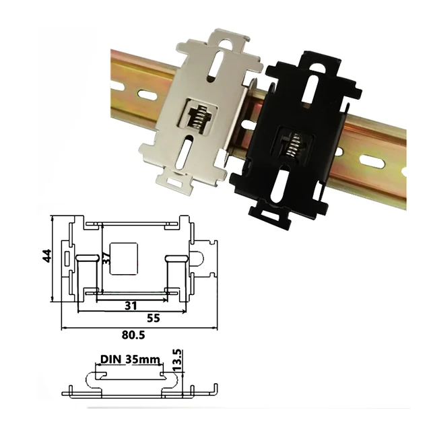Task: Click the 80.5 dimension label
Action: (134, 335)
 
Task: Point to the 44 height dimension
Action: (46, 257)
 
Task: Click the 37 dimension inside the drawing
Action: (104, 257)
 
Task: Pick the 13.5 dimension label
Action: (177, 360)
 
